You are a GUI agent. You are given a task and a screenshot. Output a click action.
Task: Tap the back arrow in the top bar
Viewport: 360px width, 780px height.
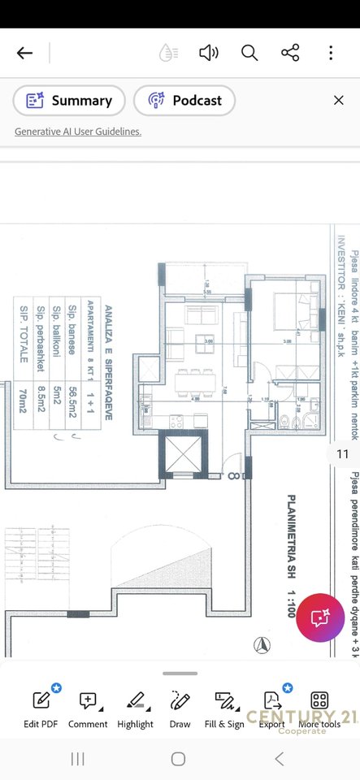coord(25,54)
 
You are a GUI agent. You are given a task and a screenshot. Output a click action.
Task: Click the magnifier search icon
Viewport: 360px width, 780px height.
coord(249,54)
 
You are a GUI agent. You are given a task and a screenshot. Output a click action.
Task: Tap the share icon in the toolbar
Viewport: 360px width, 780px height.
coord(290,54)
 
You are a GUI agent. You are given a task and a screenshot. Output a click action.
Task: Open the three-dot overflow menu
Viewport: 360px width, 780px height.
coord(331,54)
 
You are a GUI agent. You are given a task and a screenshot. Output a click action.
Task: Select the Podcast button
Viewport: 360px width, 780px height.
coord(184,101)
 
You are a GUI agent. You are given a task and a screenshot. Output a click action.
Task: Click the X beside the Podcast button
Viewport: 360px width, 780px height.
coord(339,101)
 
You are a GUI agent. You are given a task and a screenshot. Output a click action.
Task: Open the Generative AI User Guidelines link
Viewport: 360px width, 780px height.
coord(78,132)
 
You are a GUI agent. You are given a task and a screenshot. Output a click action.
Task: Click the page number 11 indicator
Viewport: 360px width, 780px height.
coord(342,454)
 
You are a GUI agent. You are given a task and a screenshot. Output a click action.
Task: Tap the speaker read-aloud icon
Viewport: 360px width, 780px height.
coord(209,54)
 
